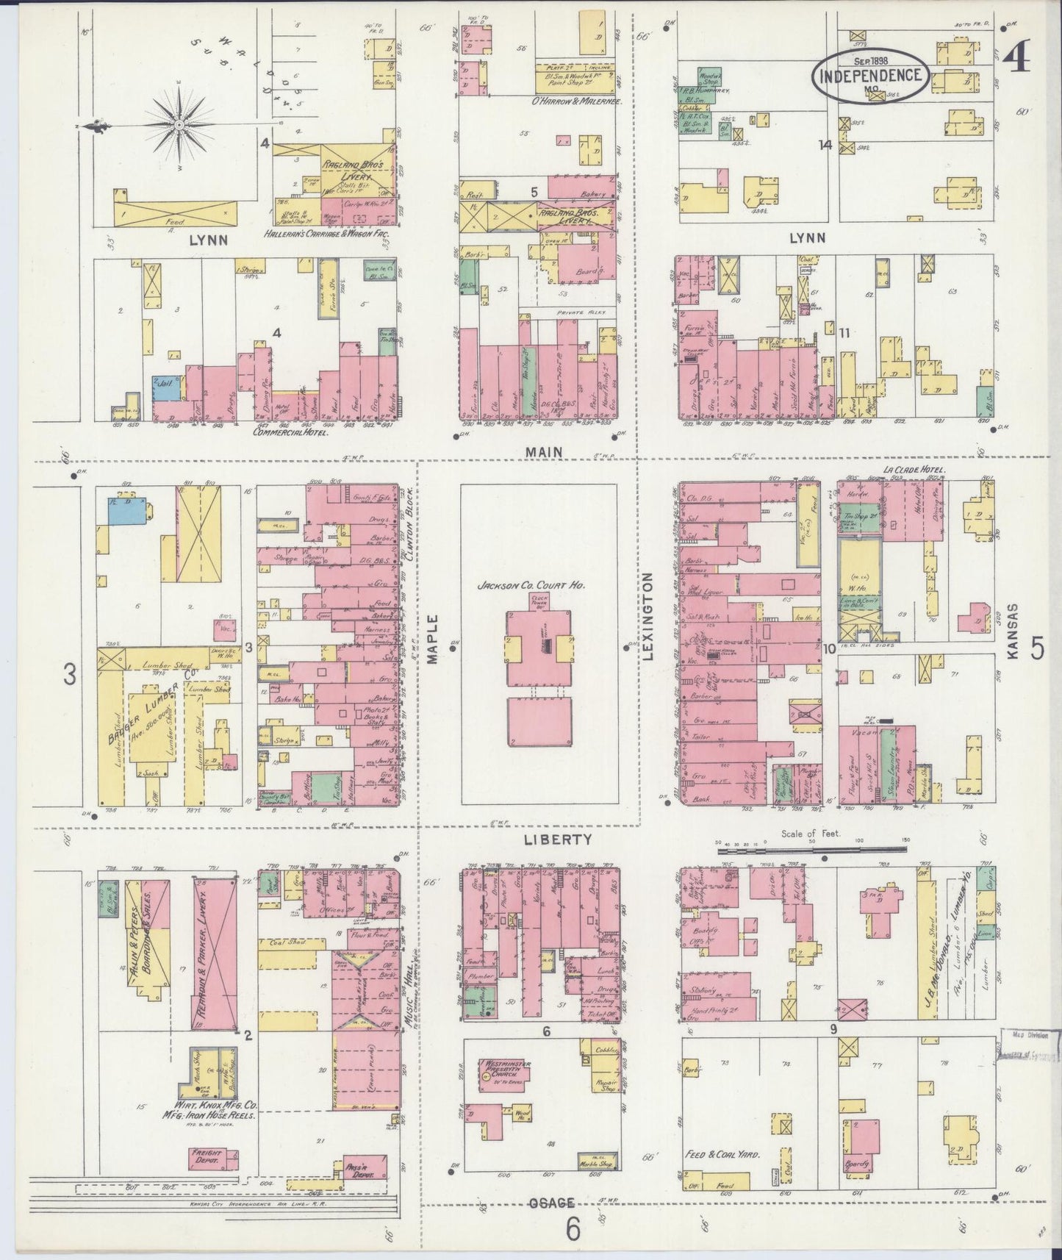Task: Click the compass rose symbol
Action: tap(179, 126)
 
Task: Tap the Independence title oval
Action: tap(871, 76)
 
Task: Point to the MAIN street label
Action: tap(545, 452)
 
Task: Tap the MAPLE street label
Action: tap(432, 639)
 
